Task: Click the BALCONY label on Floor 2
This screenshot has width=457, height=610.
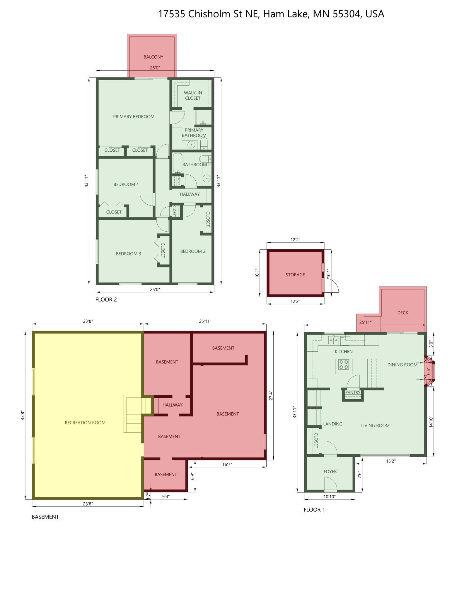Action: point(153,57)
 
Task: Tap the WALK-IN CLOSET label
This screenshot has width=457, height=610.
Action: point(193,95)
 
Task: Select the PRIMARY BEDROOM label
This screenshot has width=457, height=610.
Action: point(134,116)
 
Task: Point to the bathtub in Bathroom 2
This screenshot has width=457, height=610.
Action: point(177,164)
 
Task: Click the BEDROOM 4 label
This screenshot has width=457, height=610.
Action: point(126,184)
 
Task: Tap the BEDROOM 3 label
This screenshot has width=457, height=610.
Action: point(128,253)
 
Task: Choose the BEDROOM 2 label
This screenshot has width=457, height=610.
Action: point(193,251)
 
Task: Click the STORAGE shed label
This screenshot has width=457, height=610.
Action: point(295,274)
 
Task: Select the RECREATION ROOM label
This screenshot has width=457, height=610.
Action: point(85,422)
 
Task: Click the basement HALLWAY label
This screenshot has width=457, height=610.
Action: point(172,405)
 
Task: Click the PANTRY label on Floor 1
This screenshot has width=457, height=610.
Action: point(353,392)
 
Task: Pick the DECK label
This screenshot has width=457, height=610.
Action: point(403,313)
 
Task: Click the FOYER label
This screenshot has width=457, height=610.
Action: point(330,471)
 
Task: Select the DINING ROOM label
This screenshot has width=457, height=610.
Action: point(402,365)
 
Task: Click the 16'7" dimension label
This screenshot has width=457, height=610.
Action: point(227,464)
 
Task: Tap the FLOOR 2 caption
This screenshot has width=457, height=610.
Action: point(106,299)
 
